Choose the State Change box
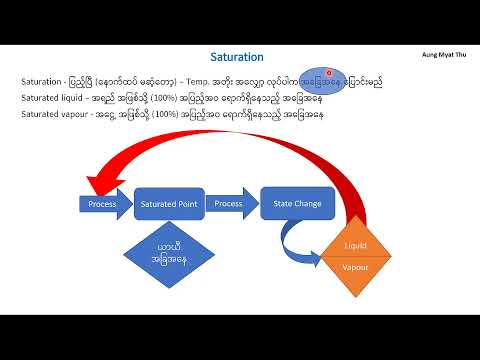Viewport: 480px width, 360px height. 298,204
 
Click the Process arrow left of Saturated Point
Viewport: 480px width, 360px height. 102,204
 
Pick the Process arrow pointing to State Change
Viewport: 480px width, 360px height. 230,204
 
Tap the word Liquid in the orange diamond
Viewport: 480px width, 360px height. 356,245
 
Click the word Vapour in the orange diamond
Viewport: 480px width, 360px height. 356,268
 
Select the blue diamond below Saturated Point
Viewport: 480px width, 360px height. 167,255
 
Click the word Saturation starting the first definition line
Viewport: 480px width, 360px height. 40,81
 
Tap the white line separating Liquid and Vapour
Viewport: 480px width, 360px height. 356,257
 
